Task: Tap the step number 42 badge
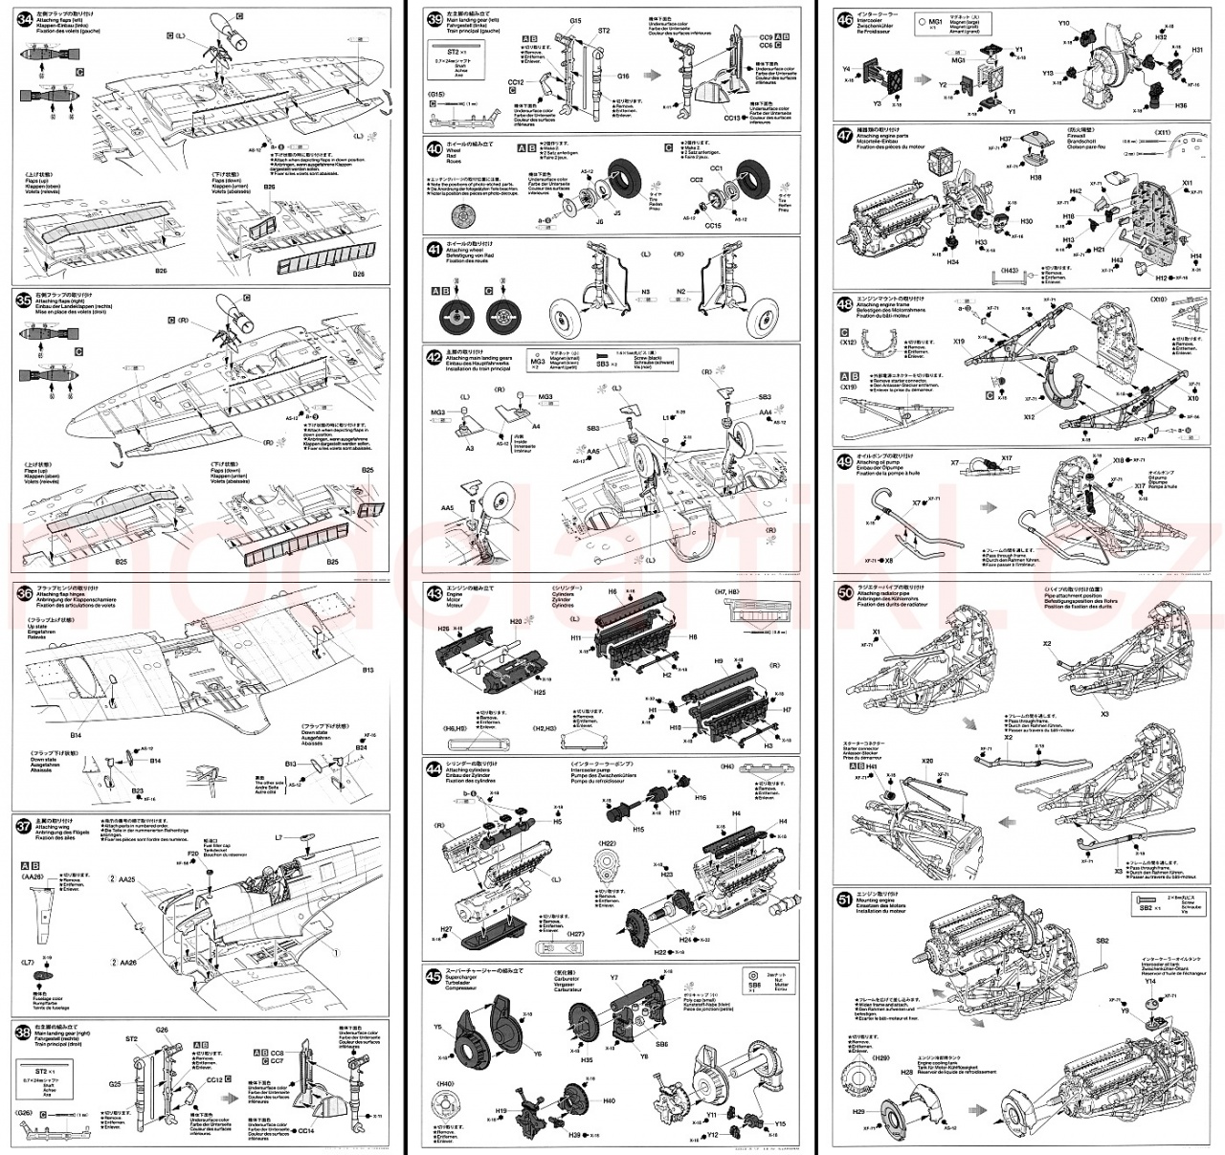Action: click(435, 356)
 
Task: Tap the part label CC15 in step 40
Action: click(712, 226)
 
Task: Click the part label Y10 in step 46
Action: click(1064, 23)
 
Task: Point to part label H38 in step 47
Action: click(1036, 177)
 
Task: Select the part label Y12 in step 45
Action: click(711, 1135)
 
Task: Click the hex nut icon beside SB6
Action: click(754, 975)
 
